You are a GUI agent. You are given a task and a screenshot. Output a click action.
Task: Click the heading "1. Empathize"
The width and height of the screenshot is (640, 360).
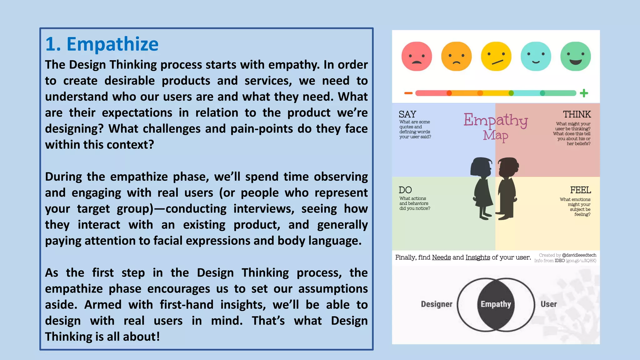pos(102,44)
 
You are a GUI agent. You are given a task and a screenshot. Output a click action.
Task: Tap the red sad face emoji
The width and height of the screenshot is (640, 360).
pos(417,57)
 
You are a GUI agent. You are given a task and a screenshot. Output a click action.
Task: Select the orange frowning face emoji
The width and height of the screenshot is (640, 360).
pos(456,57)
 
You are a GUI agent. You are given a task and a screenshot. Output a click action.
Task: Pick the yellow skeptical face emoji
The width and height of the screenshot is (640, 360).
pos(496,57)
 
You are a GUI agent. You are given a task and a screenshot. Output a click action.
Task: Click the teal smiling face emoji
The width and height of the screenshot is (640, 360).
pos(536,57)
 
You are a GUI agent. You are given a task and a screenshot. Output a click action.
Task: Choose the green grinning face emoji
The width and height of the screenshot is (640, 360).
pos(576,57)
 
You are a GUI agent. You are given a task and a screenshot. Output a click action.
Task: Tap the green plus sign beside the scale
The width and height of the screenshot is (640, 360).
pos(584,93)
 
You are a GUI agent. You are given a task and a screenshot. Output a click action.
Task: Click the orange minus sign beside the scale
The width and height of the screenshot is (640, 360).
pos(408,93)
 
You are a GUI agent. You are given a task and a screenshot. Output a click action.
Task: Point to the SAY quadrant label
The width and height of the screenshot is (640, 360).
pos(407,114)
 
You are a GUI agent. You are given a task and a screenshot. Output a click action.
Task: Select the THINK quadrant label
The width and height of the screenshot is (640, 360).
pos(577,114)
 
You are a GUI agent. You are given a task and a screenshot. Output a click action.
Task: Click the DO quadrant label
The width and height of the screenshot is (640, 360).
pos(405,190)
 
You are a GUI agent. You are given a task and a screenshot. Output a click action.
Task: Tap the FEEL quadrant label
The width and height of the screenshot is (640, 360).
pos(580,190)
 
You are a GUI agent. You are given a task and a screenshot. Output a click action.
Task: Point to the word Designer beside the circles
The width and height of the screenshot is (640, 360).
pos(437,304)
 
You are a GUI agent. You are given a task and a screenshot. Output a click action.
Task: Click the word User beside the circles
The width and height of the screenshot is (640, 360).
pos(549,304)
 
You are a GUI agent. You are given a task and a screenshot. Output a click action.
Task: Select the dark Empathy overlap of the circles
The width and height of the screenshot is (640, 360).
pos(496,304)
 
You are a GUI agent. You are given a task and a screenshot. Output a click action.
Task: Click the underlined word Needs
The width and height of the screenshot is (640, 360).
pos(441,257)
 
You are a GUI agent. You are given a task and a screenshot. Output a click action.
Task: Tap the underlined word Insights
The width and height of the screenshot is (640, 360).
pos(477,257)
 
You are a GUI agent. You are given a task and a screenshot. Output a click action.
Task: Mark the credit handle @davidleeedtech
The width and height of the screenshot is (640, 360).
pos(579,255)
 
